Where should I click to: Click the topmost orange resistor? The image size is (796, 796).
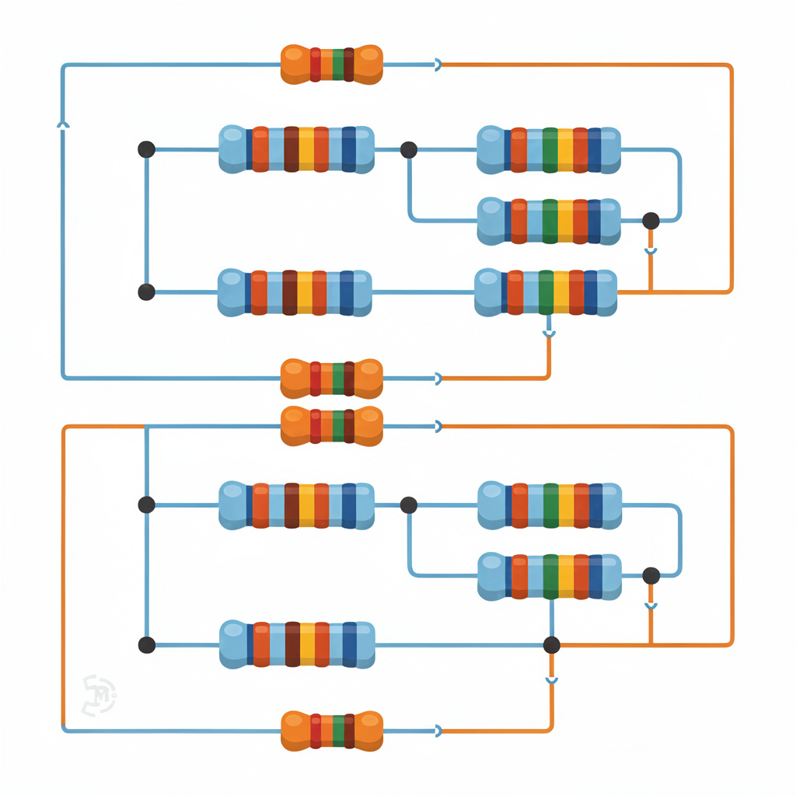[x=331, y=65]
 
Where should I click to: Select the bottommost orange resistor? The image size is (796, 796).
[x=331, y=730]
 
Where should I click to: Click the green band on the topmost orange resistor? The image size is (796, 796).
[x=337, y=65]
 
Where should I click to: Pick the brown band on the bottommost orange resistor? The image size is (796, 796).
[x=349, y=730]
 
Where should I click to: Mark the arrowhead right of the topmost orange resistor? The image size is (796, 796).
[x=438, y=65]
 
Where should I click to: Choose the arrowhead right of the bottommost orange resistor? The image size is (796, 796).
[x=438, y=730]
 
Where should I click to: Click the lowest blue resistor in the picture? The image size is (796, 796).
[x=297, y=644]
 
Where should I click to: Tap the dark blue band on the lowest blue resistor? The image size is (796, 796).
[x=349, y=644]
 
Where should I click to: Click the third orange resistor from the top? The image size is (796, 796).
[x=331, y=426]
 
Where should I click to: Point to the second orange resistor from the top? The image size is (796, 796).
[x=331, y=379]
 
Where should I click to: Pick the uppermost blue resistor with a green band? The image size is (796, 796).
[x=548, y=149]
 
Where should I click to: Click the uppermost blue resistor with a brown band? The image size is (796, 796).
[x=296, y=149]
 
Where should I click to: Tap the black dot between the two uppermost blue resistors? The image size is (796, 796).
[x=409, y=150]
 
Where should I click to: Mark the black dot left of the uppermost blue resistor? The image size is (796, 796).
[x=146, y=149]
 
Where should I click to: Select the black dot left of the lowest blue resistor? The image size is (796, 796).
[x=146, y=645]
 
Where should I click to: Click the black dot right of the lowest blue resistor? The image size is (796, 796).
[x=551, y=644]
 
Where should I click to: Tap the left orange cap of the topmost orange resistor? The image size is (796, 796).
[x=295, y=65]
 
